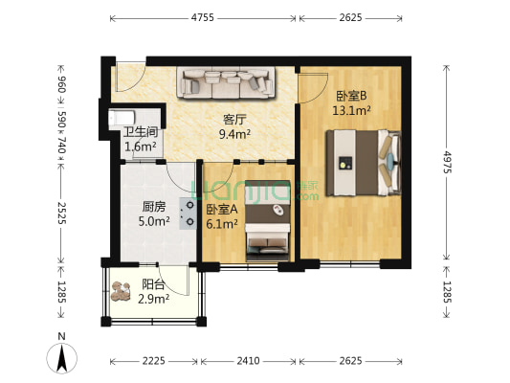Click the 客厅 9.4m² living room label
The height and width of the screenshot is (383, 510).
pyautogui.click(x=235, y=127)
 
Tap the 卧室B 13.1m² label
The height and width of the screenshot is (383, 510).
pyautogui.click(x=351, y=103)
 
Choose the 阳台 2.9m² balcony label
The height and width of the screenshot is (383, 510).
pyautogui.click(x=153, y=291)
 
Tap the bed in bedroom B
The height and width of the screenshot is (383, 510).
pyautogui.click(x=361, y=162)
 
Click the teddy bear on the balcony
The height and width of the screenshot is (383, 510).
pyautogui.click(x=122, y=292)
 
